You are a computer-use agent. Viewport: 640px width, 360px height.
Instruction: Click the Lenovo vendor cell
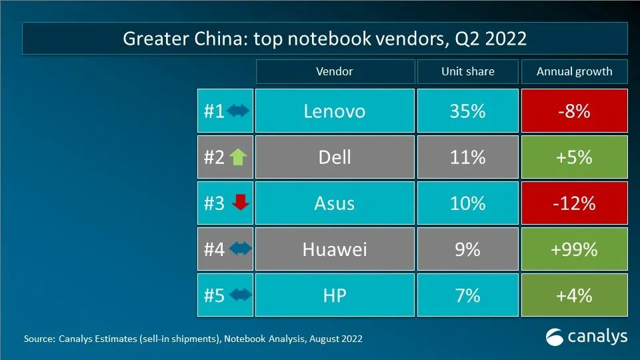334,111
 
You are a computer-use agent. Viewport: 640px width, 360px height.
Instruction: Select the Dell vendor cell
334,157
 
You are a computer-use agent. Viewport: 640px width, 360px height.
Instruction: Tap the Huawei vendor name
334,249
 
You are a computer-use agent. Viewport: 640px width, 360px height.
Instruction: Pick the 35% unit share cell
467,111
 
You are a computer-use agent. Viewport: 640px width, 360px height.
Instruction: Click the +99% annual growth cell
574,249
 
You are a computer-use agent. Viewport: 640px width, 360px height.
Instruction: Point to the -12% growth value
574,203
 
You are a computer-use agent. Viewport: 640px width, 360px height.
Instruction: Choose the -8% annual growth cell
574,111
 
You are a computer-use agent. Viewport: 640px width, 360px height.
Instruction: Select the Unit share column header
467,71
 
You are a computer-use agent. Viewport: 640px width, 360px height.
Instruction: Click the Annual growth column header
574,71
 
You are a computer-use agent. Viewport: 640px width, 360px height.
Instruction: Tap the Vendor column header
334,71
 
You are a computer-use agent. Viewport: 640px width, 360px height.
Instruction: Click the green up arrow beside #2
238,157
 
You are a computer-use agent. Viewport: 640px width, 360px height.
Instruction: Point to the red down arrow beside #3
239,203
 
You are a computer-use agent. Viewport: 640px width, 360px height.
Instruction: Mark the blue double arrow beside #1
238,111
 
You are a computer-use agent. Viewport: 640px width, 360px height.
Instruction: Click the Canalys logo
587,337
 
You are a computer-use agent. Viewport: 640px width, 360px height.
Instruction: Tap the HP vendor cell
334,295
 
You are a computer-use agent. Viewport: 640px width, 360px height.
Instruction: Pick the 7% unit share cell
467,295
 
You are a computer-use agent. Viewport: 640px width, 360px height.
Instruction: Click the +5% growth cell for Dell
574,157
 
